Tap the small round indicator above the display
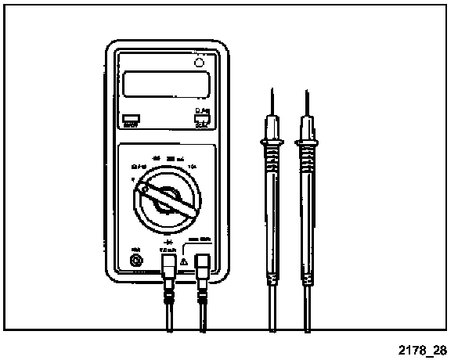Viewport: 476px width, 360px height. (199, 62)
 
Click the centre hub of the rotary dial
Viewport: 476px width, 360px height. (167, 202)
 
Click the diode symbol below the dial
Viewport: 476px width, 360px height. (167, 234)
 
